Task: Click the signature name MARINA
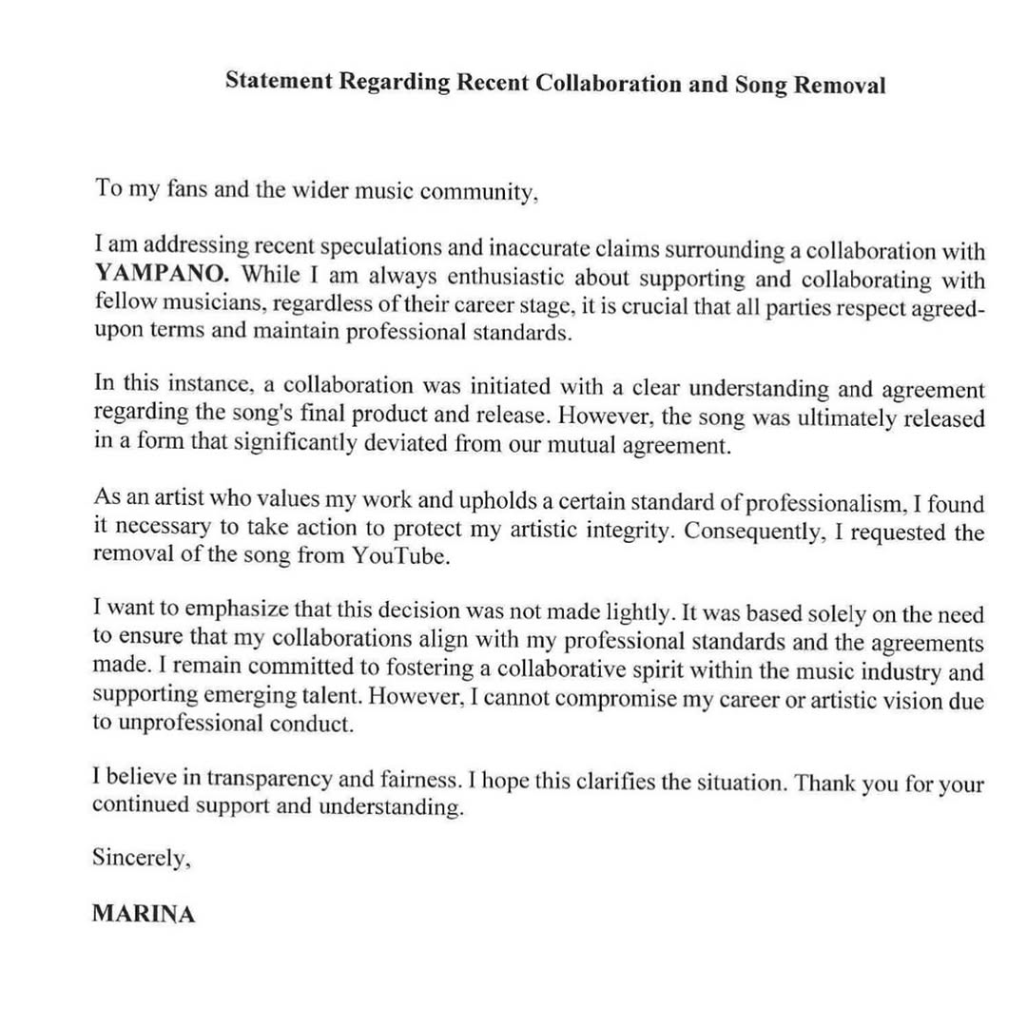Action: pyautogui.click(x=144, y=915)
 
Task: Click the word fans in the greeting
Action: pyautogui.click(x=185, y=187)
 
